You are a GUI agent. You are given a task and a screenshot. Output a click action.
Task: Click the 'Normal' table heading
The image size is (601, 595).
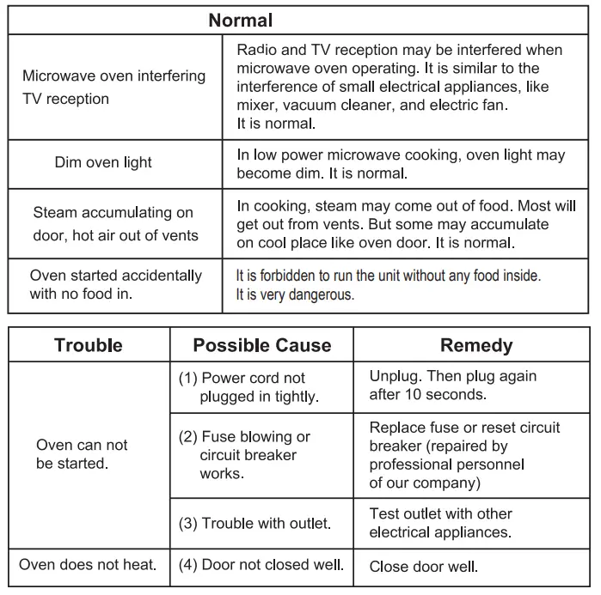point(241,20)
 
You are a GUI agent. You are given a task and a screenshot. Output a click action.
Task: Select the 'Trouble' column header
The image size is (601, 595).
point(89,345)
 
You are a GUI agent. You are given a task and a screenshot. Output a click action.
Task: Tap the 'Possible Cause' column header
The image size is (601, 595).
point(261,345)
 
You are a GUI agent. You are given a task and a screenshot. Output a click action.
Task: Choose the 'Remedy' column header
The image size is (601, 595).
point(476,345)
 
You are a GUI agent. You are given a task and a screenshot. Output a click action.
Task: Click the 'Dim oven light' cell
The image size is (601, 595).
point(103,162)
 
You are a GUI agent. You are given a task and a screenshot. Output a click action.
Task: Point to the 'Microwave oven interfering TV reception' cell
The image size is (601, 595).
point(113,87)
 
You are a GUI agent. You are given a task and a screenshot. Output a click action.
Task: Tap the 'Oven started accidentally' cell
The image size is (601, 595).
point(115,285)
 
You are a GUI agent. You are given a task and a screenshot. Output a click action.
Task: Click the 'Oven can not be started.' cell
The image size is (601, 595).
point(82,454)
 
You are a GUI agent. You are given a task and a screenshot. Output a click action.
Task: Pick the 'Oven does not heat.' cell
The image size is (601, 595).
point(88,564)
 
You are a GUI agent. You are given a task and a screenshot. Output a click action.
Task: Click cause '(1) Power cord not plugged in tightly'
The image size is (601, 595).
point(248,387)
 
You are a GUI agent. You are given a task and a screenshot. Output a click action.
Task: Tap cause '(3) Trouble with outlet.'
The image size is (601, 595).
point(255,523)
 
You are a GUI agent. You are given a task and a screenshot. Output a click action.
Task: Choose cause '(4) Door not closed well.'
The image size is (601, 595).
point(261,564)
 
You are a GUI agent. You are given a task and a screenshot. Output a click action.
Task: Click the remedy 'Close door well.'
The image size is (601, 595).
point(423,566)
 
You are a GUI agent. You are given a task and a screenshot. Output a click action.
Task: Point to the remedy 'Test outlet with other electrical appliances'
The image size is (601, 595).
point(440,523)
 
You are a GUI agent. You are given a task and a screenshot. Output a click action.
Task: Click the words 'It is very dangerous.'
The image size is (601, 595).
point(295,294)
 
